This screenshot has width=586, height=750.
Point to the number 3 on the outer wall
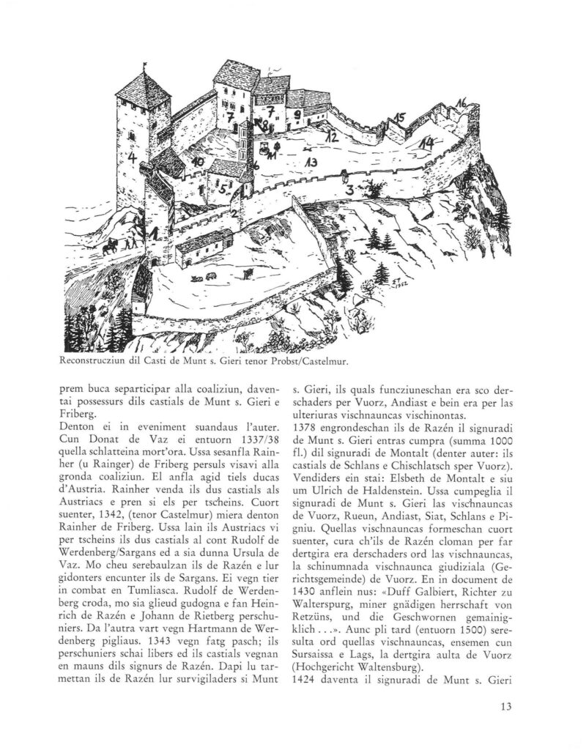click(351, 190)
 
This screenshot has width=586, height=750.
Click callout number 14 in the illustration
click(426, 141)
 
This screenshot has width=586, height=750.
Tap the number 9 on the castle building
click(297, 115)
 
